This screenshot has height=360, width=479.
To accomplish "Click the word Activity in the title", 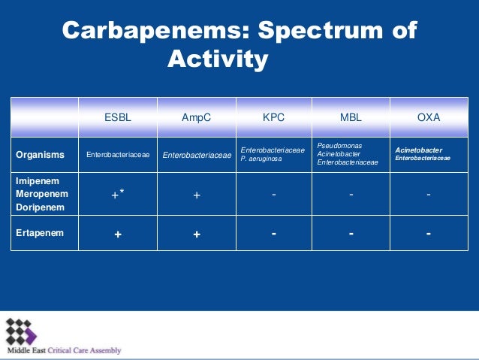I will click(217, 58).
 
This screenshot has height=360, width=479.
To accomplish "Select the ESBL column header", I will click(118, 117).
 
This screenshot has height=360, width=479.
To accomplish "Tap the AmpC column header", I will click(196, 117).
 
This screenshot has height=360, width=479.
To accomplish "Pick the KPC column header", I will click(273, 117).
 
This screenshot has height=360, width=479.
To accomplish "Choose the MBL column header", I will click(351, 117).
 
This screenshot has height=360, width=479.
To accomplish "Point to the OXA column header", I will click(428, 117).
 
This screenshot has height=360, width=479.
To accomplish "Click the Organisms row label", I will click(40, 155).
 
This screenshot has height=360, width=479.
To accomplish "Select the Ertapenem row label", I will click(40, 233).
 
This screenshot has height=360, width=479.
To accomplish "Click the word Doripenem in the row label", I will click(40, 207).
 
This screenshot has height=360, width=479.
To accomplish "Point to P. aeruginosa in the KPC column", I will click(259, 159).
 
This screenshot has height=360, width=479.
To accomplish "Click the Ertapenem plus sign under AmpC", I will click(196, 234).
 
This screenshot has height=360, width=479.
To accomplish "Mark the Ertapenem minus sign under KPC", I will click(274, 233).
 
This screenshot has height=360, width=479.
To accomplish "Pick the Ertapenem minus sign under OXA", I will click(428, 233).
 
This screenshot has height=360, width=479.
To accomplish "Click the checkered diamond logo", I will click(22, 331).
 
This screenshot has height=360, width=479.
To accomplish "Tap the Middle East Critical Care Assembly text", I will click(64, 350).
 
